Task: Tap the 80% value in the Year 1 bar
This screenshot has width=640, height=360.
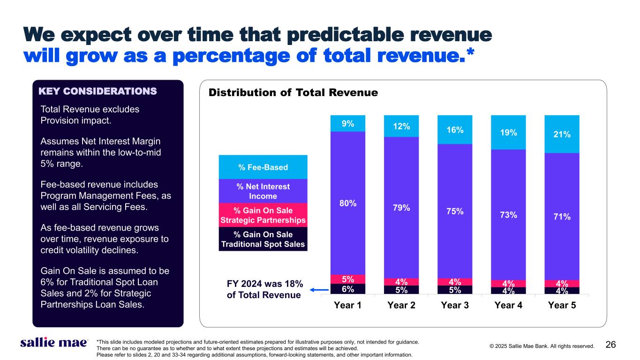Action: point(348,203)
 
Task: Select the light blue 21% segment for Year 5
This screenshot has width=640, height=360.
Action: point(562,135)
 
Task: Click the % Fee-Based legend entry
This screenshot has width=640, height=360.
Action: point(263,167)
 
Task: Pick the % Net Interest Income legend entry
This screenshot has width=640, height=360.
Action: point(263,191)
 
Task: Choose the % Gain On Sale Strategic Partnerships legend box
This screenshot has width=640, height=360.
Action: point(263,215)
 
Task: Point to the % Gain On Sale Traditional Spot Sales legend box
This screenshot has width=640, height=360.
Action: point(263,239)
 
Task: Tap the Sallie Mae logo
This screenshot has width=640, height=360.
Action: point(53,343)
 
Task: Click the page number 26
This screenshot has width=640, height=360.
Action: point(610,345)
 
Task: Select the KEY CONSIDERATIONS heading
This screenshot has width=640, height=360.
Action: point(97,91)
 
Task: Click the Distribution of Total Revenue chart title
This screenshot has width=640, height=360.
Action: point(293,93)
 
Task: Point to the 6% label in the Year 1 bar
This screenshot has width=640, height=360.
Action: point(348,289)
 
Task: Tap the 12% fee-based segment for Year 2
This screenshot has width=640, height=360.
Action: point(401,127)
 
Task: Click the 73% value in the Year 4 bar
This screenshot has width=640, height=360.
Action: point(508,215)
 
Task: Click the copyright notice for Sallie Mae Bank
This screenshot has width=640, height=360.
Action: point(542,346)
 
